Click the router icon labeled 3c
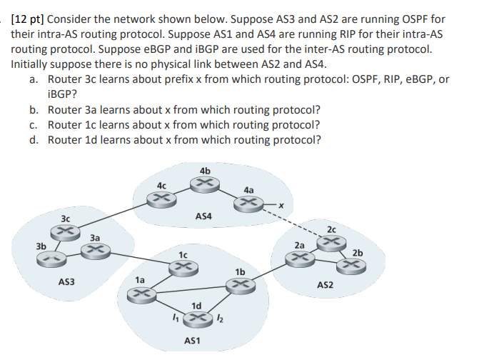65,232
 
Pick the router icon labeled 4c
163,197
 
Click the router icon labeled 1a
141,293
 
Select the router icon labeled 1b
238,284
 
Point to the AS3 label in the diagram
68,283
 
